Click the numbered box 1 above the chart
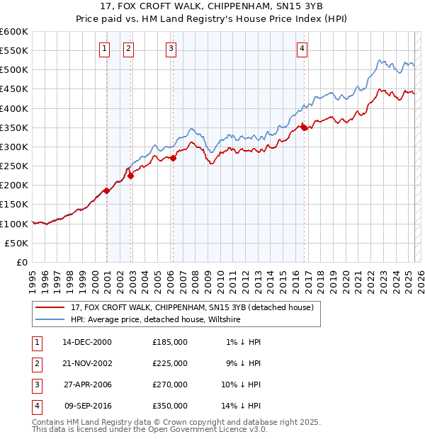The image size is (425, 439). (x=104, y=49)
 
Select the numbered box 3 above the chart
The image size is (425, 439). (x=171, y=49)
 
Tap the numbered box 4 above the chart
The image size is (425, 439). (x=302, y=49)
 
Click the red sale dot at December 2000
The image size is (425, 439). (x=106, y=190)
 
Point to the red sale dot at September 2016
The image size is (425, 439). (x=304, y=127)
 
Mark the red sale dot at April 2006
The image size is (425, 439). (x=174, y=158)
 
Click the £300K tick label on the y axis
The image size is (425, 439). (x=14, y=147)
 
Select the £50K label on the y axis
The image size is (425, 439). (x=17, y=243)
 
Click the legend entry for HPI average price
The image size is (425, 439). (x=156, y=320)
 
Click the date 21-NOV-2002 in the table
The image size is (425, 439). (x=87, y=363)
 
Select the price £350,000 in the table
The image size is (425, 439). (x=169, y=406)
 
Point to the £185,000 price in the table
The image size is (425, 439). (x=169, y=342)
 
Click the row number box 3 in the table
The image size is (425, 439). (x=36, y=384)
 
